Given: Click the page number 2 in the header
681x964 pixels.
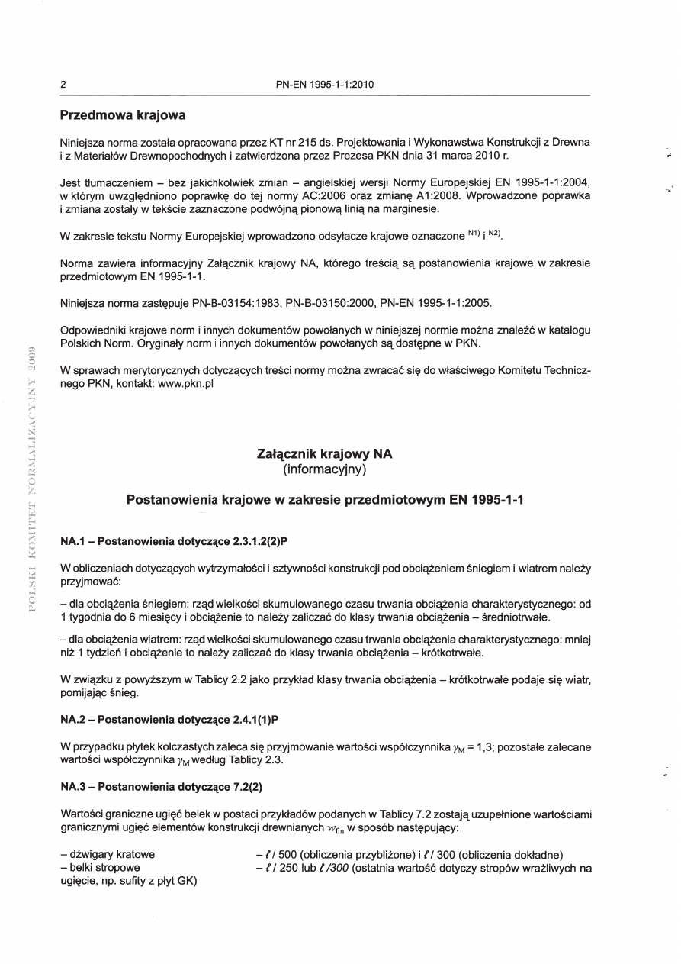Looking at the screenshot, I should tap(63, 84).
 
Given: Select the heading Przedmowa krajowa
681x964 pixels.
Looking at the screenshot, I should tap(123, 117).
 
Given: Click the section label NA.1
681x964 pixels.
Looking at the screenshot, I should tap(72, 541).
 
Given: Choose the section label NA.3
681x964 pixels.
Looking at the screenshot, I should tap(72, 785).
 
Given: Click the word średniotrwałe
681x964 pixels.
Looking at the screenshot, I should tap(516, 616).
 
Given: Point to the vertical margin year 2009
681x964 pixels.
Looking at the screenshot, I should tap(33, 365).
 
